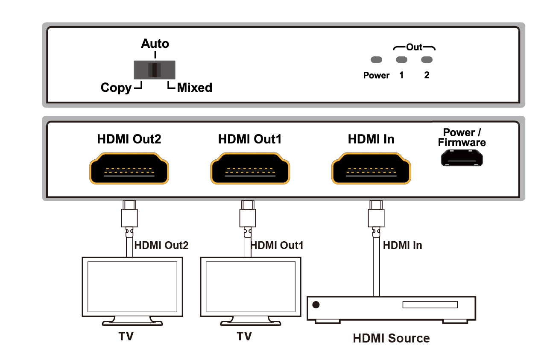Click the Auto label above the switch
(x=155, y=44)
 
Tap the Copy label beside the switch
(x=116, y=88)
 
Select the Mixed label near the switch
(x=195, y=88)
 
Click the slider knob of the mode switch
(x=155, y=70)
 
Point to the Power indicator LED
(x=376, y=59)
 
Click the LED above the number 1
(x=401, y=59)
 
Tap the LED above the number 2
(x=427, y=59)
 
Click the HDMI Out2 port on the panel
(x=129, y=168)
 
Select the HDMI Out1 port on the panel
(x=250, y=168)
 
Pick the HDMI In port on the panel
(x=371, y=168)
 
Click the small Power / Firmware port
(x=462, y=158)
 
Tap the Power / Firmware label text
(x=462, y=138)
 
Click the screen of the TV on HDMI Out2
(x=132, y=287)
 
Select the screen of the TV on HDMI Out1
(x=251, y=287)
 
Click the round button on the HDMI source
(x=316, y=304)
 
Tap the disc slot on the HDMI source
(x=430, y=304)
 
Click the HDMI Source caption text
(x=391, y=338)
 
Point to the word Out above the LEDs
(x=414, y=47)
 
